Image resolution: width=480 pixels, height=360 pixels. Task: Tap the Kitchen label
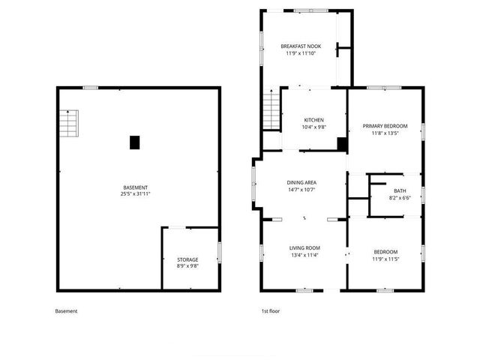pyautogui.click(x=313, y=119)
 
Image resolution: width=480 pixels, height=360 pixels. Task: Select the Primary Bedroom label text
pyautogui.click(x=385, y=126)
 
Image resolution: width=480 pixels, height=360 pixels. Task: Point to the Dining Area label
pyautogui.click(x=301, y=182)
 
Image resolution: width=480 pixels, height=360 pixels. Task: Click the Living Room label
pyautogui.click(x=304, y=247)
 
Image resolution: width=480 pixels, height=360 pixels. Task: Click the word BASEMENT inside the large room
pyautogui.click(x=135, y=187)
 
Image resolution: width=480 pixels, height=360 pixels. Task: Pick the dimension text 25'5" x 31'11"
pyautogui.click(x=135, y=194)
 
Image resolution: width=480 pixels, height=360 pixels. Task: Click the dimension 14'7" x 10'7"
pyautogui.click(x=301, y=190)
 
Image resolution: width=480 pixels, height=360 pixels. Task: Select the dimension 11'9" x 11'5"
pyautogui.click(x=385, y=259)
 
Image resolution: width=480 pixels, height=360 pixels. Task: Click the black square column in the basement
pyautogui.click(x=134, y=142)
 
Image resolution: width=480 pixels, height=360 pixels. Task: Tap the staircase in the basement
pyautogui.click(x=69, y=123)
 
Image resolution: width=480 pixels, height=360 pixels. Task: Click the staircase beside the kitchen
pyautogui.click(x=270, y=110)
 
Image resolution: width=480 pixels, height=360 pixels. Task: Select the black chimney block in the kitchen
pyautogui.click(x=341, y=145)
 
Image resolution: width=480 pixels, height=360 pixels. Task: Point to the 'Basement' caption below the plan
pyautogui.click(x=66, y=311)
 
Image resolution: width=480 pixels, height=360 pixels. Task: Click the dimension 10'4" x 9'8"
pyautogui.click(x=313, y=127)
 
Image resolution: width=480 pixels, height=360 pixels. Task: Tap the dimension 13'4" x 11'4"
pyautogui.click(x=304, y=255)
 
